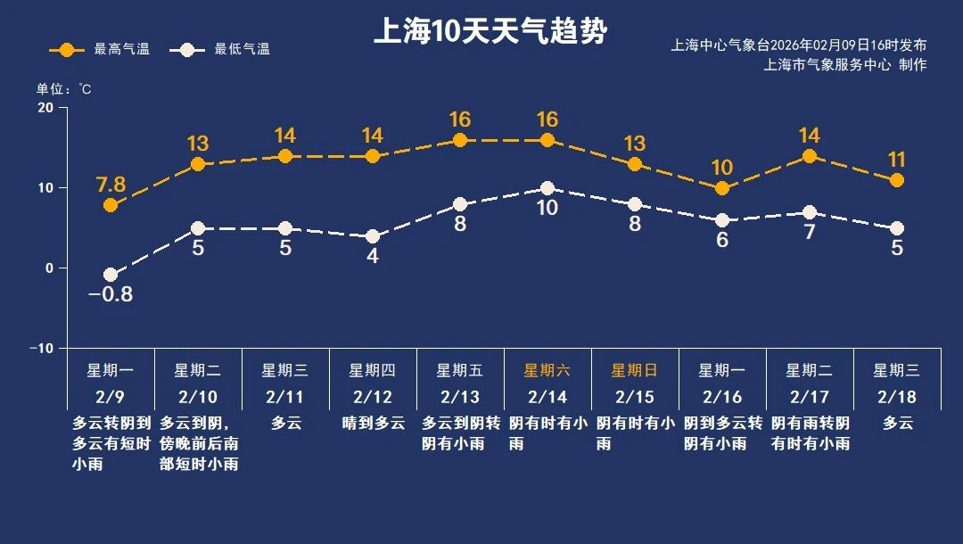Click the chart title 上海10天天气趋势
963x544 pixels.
click(490, 32)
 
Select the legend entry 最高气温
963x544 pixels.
click(100, 49)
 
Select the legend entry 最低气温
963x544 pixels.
click(224, 49)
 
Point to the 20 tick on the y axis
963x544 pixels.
click(45, 108)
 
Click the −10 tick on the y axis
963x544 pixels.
click(41, 348)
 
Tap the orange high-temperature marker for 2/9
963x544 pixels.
click(111, 205)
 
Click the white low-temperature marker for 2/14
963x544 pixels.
click(547, 188)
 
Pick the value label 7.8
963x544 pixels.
click(111, 185)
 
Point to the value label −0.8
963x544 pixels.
click(111, 294)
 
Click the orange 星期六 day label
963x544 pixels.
click(547, 370)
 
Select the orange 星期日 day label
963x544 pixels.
click(634, 370)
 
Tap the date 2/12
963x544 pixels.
click(372, 396)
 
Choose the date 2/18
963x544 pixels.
click(896, 396)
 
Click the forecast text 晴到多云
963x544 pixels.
click(373, 424)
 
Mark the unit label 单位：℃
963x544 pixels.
click(63, 89)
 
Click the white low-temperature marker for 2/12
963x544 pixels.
click(373, 236)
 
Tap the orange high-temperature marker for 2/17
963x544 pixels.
click(810, 156)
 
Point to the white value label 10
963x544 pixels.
click(547, 209)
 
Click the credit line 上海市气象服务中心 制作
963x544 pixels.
click(845, 65)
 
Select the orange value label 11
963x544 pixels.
click(896, 161)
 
